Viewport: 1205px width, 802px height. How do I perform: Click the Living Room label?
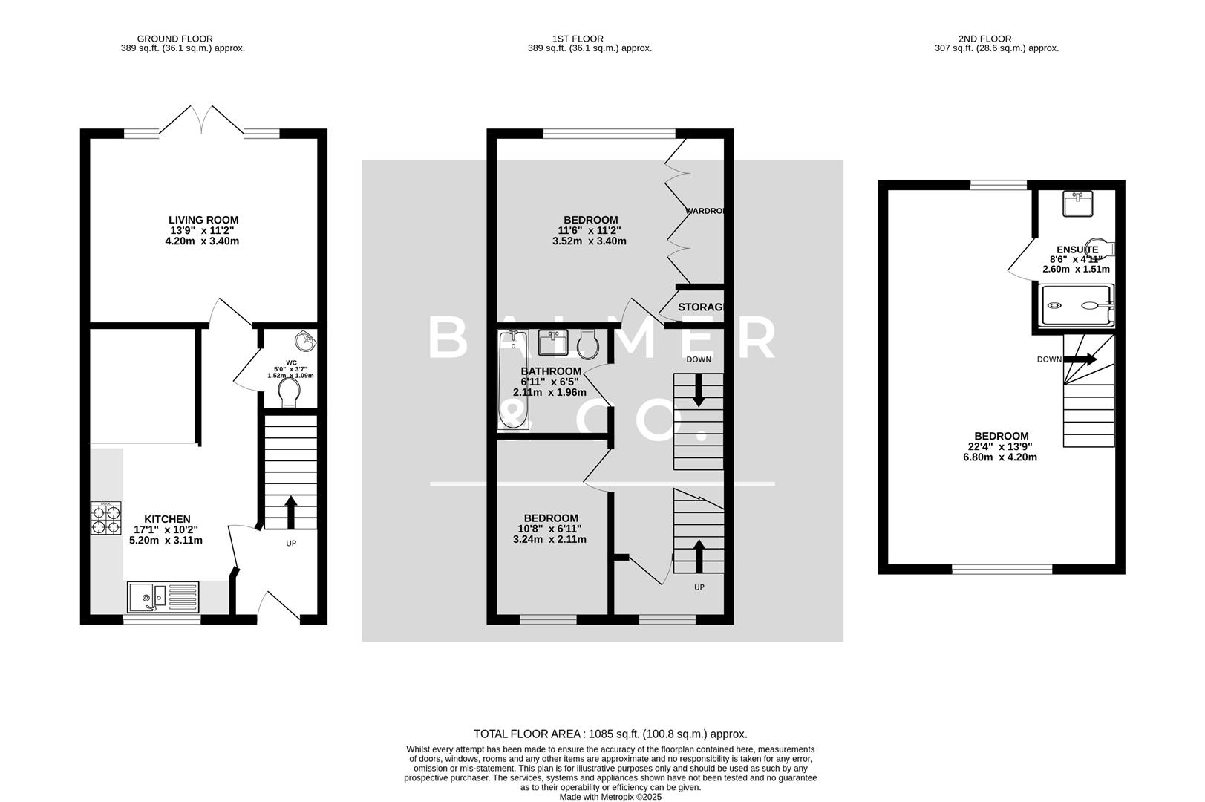(203, 220)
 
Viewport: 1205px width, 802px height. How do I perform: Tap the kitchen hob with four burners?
(105, 518)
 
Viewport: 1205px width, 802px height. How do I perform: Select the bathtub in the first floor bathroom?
(513, 382)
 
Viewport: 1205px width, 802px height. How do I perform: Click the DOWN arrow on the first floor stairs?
(698, 390)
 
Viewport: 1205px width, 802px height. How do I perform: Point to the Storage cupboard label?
(700, 307)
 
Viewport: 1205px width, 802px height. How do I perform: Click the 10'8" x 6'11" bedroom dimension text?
(549, 529)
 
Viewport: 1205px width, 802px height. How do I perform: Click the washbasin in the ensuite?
(1077, 203)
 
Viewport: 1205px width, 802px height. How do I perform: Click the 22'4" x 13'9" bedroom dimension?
(1001, 447)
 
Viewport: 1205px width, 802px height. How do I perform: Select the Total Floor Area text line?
(610, 734)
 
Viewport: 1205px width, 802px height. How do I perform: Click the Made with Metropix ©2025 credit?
(610, 797)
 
